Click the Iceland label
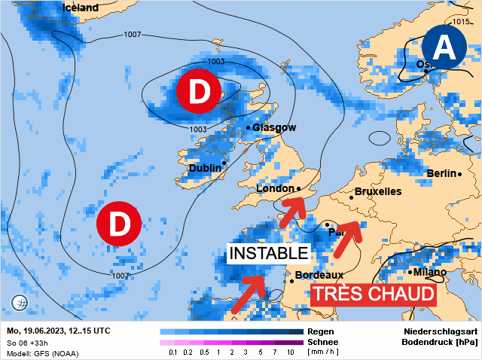point(80,8)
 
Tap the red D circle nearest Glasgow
point(198,92)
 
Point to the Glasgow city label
point(274,127)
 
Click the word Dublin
point(204,168)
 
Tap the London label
point(274,189)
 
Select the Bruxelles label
point(377,192)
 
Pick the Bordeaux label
point(319,276)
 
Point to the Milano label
point(429,272)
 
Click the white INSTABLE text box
point(269,253)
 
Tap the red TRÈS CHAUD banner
point(374,294)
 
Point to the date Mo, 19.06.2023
point(38,331)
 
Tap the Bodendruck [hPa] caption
point(440,342)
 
